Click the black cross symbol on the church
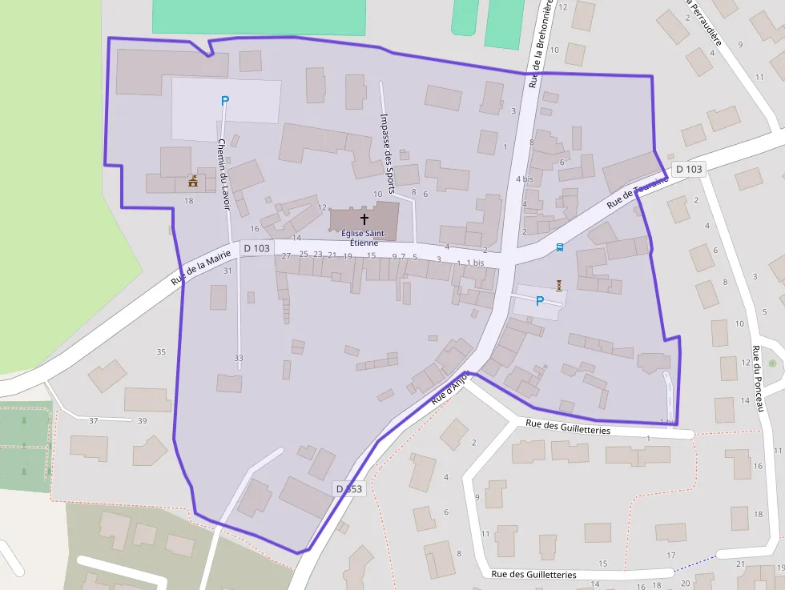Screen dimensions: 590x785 (x=364, y=219)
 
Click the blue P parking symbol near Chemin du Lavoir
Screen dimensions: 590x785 (x=225, y=101)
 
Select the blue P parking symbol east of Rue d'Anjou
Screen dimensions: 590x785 (x=539, y=301)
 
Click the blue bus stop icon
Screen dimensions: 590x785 (x=559, y=247)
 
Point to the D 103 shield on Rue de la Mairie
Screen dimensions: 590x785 (x=256, y=248)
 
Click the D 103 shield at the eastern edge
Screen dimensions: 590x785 (x=688, y=169)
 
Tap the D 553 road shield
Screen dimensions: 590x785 (x=349, y=488)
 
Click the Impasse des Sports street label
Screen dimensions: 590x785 (x=387, y=153)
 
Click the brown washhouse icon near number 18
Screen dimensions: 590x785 (x=193, y=182)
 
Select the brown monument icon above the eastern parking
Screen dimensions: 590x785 (x=559, y=284)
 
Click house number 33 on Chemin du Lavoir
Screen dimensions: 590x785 (x=238, y=358)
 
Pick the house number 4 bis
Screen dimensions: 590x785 (x=525, y=179)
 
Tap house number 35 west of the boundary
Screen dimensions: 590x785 (x=161, y=352)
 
